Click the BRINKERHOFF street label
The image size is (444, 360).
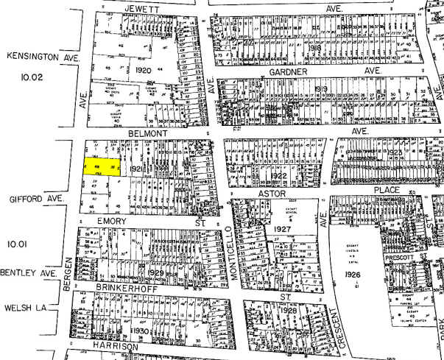pyautogui.click(x=122, y=290)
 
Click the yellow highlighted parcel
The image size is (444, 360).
pyautogui.click(x=102, y=169)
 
